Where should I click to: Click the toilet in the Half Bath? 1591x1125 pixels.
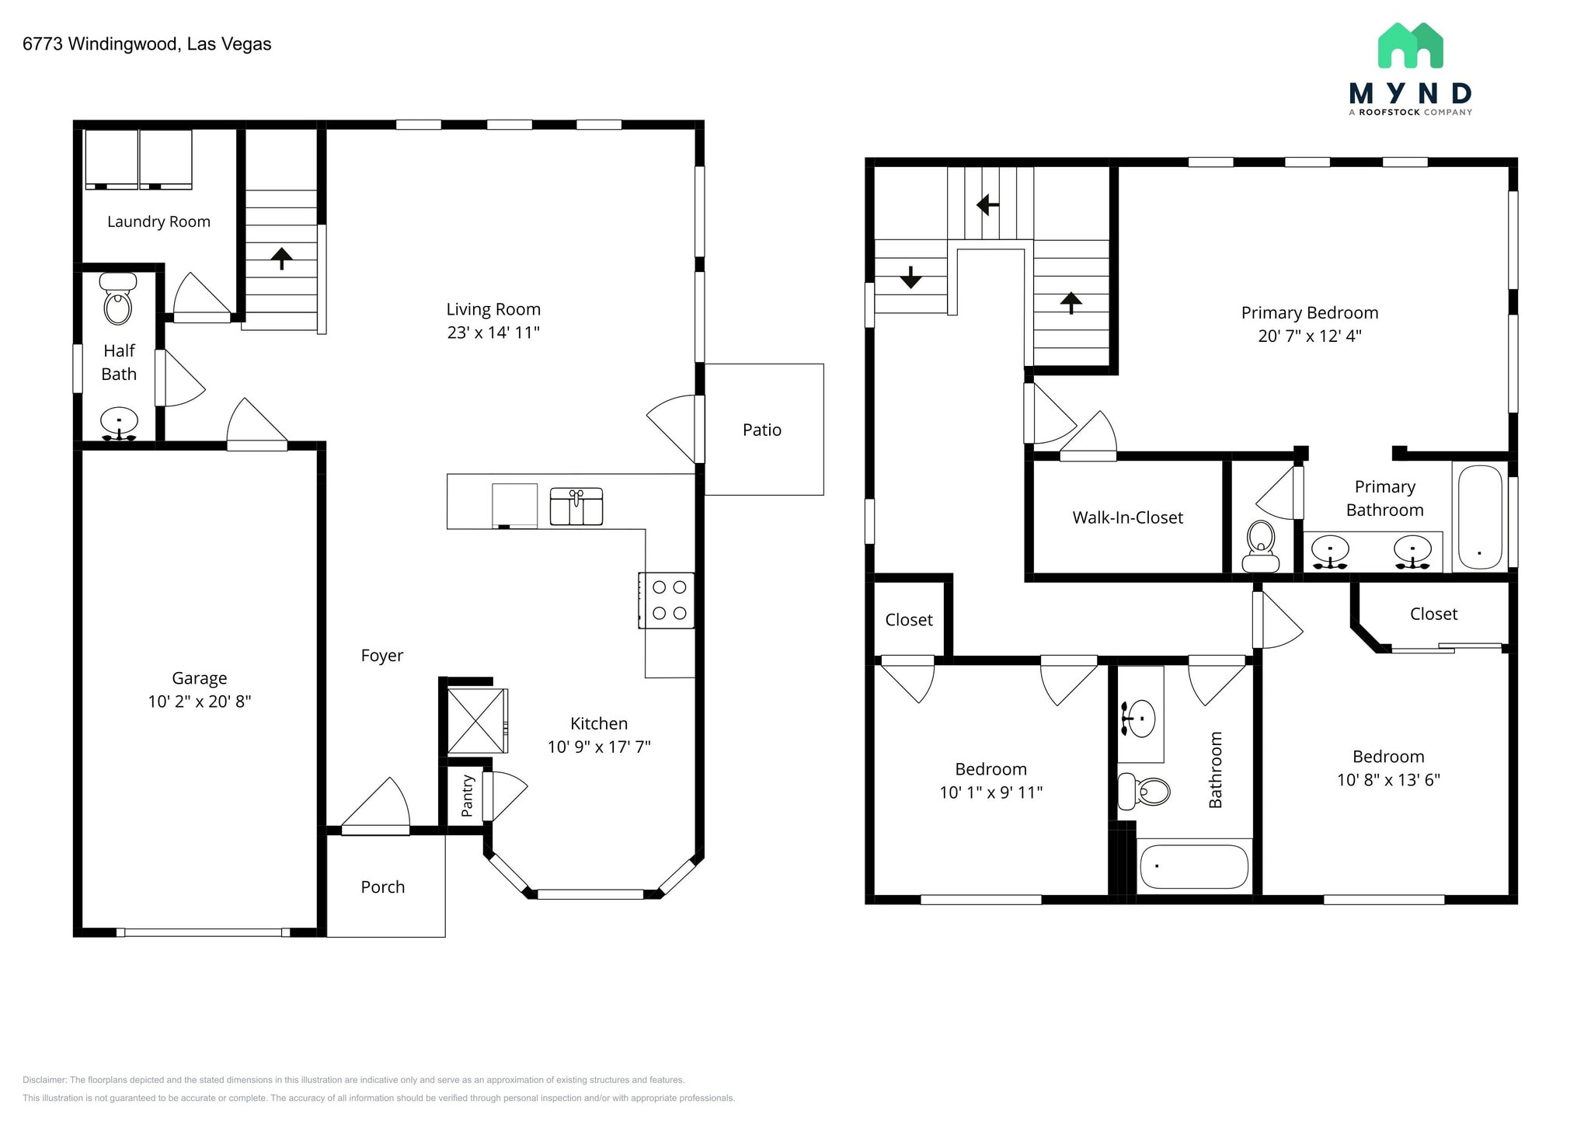(117, 302)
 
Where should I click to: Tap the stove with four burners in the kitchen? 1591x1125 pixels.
(667, 601)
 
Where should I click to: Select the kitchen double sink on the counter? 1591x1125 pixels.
(576, 507)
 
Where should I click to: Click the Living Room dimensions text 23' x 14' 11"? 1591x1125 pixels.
(493, 333)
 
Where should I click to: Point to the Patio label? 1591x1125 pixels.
(761, 430)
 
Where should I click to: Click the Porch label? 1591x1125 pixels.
(382, 886)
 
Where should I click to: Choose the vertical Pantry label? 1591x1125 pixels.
(467, 796)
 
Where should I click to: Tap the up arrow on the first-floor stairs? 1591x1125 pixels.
(281, 258)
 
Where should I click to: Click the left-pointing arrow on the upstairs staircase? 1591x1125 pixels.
(987, 205)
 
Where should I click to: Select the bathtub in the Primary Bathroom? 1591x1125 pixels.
(1479, 517)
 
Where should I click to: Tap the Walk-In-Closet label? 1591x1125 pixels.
(1127, 517)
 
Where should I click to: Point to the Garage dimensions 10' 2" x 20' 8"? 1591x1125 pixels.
(200, 702)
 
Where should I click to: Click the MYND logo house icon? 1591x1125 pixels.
(1410, 46)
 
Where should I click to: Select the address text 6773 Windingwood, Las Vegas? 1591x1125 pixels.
(147, 44)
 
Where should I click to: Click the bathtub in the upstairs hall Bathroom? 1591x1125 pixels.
(1193, 866)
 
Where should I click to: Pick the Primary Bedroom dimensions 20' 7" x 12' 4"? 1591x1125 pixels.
(1309, 336)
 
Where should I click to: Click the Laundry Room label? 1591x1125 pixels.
(158, 221)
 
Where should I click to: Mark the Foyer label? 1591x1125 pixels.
(381, 655)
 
